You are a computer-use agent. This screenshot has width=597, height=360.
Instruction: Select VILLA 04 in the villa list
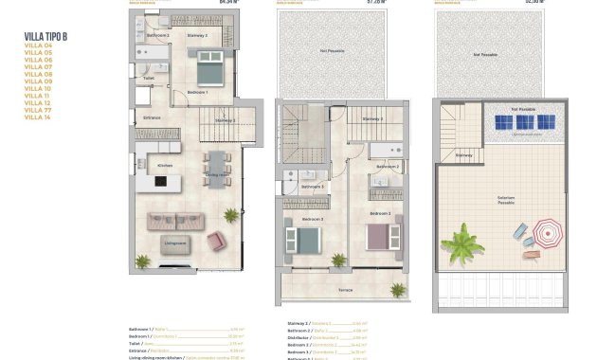[x=37, y=45]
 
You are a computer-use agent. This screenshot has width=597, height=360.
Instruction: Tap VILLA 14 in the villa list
[x=37, y=117]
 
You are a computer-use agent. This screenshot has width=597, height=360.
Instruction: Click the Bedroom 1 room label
[x=196, y=92]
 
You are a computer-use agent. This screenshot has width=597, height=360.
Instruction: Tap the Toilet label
[x=150, y=80]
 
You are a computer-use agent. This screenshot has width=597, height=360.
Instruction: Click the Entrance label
[x=152, y=117]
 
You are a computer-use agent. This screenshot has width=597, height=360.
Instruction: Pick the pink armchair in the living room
[x=216, y=242]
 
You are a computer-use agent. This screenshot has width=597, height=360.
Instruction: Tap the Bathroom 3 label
[x=312, y=187]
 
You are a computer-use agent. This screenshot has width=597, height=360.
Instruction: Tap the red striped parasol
[x=548, y=231]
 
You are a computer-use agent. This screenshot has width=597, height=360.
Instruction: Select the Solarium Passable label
[x=506, y=201]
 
